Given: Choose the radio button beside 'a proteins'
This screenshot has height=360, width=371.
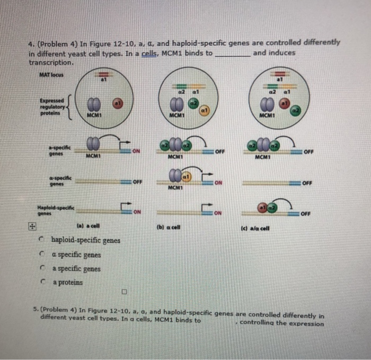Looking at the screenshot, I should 41,283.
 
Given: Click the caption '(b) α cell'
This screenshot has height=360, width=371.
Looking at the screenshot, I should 169,227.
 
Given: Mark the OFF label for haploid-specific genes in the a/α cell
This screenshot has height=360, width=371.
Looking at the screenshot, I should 307,215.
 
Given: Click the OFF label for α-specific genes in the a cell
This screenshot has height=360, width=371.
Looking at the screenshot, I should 137,182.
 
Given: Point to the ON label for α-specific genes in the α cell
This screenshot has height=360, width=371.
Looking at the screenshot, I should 219,183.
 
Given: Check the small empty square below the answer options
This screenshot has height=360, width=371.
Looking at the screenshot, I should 124,291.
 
